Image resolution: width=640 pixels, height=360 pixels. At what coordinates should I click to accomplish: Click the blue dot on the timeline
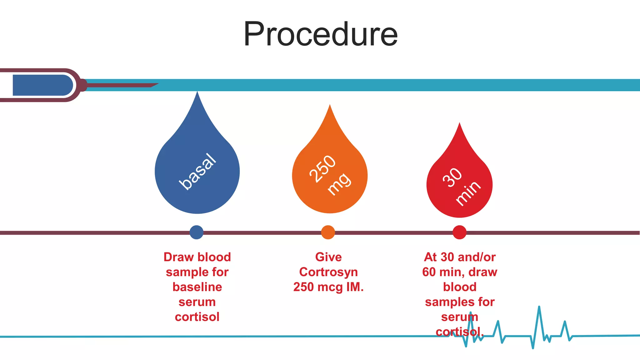[x=197, y=232]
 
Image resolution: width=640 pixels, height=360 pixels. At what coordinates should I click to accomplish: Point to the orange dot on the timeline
[x=328, y=232]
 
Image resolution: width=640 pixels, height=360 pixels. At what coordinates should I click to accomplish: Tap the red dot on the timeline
[x=460, y=232]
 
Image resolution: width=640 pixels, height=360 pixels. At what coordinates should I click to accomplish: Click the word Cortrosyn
[x=328, y=272]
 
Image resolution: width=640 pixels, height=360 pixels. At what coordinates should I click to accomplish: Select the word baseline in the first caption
[x=197, y=287]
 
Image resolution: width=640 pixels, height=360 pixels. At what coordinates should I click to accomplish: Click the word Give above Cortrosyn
[x=328, y=257]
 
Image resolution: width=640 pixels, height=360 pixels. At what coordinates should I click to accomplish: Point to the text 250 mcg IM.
[x=328, y=287]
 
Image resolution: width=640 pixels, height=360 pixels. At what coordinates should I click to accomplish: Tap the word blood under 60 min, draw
[x=460, y=287]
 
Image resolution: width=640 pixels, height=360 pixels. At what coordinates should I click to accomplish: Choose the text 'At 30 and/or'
[x=460, y=257]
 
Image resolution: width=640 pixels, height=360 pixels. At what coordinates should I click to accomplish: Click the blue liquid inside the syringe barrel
[x=42, y=85]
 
